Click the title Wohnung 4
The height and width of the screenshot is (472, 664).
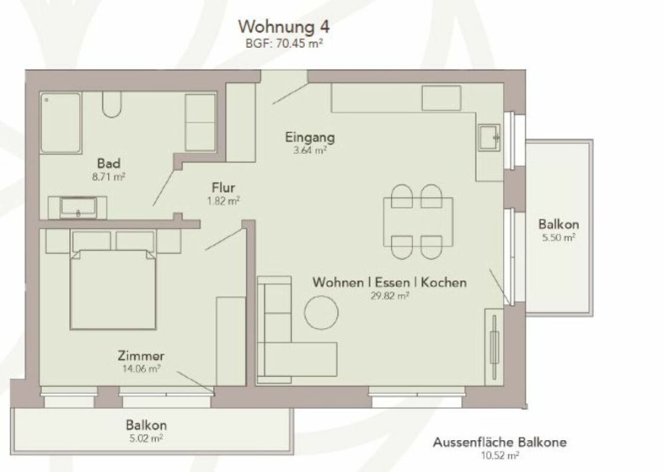tap(284, 27)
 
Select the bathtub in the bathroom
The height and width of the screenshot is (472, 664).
tap(60, 123)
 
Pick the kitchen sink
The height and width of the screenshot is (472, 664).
tap(490, 138)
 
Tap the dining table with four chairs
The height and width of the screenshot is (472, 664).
tap(418, 221)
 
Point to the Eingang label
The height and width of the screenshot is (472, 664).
tap(310, 138)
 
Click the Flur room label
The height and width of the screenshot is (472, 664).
tap(224, 188)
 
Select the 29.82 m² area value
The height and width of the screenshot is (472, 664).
tap(390, 295)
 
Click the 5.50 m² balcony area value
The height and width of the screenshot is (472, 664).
tap(558, 238)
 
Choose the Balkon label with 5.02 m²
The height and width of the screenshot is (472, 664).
tap(146, 425)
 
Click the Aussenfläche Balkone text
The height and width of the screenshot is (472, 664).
tap(500, 442)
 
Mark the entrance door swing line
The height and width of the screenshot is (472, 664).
tap(290, 94)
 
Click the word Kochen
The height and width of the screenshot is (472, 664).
tap(444, 282)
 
